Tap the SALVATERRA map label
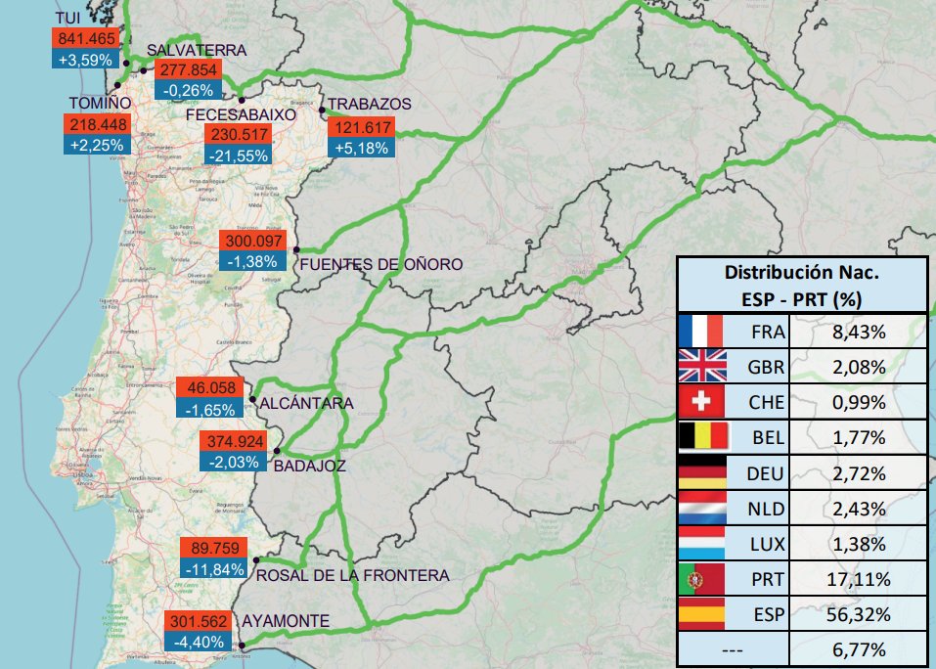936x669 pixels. click(197, 50)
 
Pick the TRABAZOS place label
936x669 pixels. click(369, 104)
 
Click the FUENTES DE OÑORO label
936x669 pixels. click(381, 264)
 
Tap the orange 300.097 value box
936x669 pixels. click(253, 241)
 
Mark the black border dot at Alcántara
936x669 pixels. click(252, 400)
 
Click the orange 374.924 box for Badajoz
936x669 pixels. click(231, 440)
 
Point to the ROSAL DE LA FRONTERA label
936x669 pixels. click(352, 575)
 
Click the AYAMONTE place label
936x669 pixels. click(286, 620)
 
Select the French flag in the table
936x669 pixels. click(700, 331)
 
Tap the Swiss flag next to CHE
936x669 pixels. click(700, 402)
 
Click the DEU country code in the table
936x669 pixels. click(766, 473)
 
